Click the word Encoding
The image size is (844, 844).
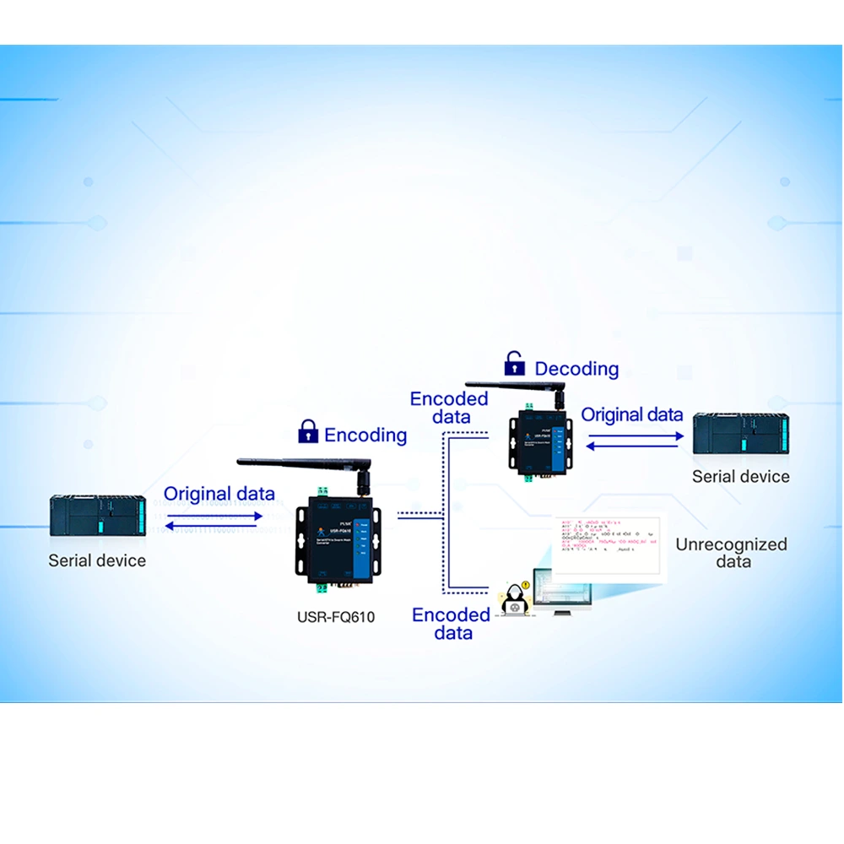365,435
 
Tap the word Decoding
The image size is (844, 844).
576,368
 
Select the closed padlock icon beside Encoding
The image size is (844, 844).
308,431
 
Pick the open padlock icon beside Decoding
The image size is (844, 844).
514,364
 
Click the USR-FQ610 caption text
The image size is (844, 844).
335,617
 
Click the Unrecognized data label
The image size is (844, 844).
731,553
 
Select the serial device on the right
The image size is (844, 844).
740,436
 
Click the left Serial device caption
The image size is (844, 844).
97,560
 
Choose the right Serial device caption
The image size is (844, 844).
740,476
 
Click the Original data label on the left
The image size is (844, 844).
219,494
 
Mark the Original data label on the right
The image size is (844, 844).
632,414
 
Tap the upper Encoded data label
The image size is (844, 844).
449,407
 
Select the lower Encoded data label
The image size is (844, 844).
452,624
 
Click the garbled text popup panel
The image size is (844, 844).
608,544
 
